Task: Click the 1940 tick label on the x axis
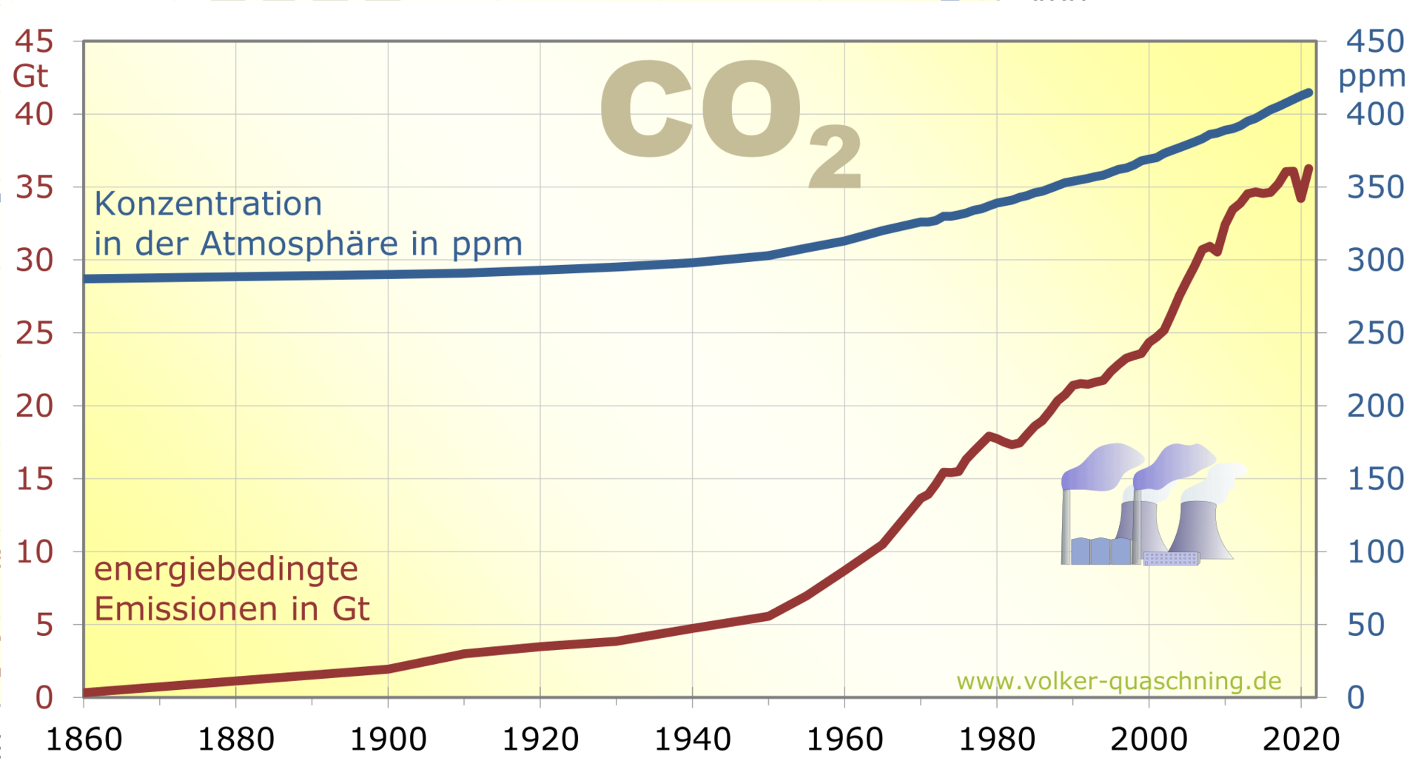pyautogui.click(x=692, y=739)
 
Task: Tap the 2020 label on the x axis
pyautogui.click(x=1301, y=739)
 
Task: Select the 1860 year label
pyautogui.click(x=84, y=739)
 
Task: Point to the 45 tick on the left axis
pyautogui.click(x=34, y=41)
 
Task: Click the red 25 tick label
pyautogui.click(x=34, y=333)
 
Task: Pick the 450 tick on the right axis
pyautogui.click(x=1374, y=41)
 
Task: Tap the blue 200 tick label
pyautogui.click(x=1374, y=406)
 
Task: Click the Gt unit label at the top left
pyautogui.click(x=30, y=76)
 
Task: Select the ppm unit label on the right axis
pyautogui.click(x=1371, y=76)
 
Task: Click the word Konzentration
pyautogui.click(x=208, y=204)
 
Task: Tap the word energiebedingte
pyautogui.click(x=226, y=569)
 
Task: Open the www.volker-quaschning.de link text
pyautogui.click(x=1118, y=681)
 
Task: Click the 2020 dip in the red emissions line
pyautogui.click(x=1301, y=197)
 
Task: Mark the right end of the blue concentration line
pyautogui.click(x=1309, y=93)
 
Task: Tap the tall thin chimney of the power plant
pyautogui.click(x=1066, y=526)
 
